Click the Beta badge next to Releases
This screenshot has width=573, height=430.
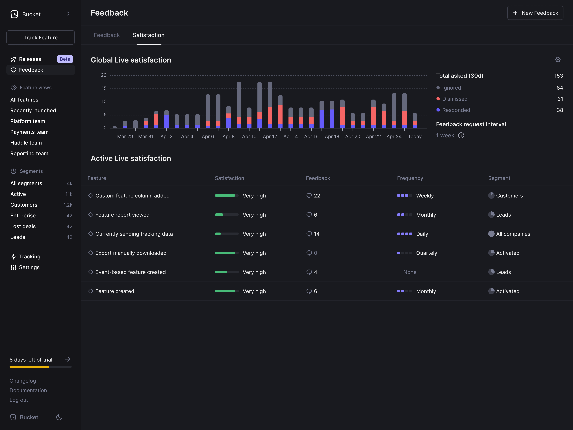[x=65, y=59]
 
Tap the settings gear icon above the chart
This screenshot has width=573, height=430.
[x=558, y=60]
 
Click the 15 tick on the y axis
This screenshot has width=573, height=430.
[x=104, y=88]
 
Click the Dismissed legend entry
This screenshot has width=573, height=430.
[x=455, y=99]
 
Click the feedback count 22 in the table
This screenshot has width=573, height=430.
[x=317, y=196]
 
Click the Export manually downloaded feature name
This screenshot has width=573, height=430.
[x=131, y=253]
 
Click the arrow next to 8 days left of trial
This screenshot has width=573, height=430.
[x=68, y=359]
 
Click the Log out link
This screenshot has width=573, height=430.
[x=19, y=400]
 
